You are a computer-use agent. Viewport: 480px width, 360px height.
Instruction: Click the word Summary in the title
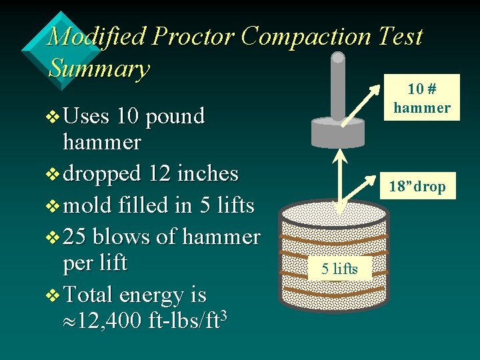[x=99, y=68]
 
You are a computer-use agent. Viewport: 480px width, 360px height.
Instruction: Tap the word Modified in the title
[x=97, y=36]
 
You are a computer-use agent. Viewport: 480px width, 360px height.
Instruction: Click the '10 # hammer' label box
[x=421, y=97]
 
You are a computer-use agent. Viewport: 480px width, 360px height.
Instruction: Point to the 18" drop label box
[x=417, y=187]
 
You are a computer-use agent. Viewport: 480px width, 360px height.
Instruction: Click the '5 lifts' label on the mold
[x=339, y=269]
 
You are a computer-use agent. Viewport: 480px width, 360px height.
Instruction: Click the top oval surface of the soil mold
[x=333, y=215]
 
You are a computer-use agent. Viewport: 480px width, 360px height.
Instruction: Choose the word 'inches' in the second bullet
[x=206, y=173]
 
